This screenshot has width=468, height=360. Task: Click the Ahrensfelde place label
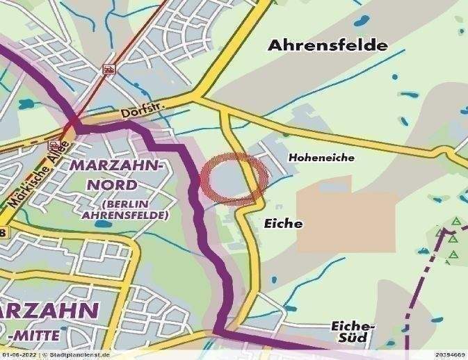[328, 46]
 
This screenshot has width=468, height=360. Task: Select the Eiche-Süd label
[353, 332]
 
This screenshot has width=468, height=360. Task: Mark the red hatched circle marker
[234, 179]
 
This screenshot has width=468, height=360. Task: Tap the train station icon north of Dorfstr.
[108, 69]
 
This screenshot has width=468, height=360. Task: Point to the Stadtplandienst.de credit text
[81, 355]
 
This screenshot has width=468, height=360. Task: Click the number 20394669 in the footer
[450, 355]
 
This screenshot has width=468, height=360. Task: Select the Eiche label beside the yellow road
[283, 224]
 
